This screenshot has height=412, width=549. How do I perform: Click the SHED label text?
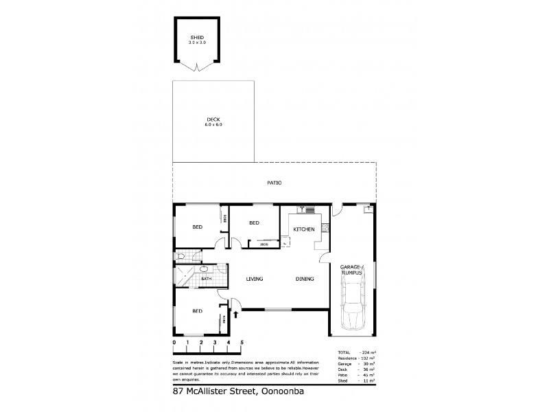pyautogui.click(x=198, y=38)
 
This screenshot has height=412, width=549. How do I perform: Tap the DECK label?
pyautogui.click(x=213, y=120)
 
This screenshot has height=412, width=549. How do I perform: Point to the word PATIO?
pyautogui.click(x=274, y=183)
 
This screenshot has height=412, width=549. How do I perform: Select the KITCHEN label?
pyautogui.click(x=303, y=229)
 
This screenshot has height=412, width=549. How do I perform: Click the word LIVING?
pyautogui.click(x=255, y=279)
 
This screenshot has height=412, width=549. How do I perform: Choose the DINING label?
pyautogui.click(x=305, y=279)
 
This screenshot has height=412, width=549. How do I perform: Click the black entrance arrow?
pyautogui.click(x=237, y=315)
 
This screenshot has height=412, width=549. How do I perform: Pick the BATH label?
pyautogui.click(x=187, y=279)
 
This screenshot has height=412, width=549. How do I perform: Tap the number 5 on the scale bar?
pyautogui.click(x=242, y=342)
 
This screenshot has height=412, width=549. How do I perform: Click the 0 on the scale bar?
pyautogui.click(x=174, y=342)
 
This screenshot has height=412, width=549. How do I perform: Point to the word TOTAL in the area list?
pyautogui.click(x=344, y=352)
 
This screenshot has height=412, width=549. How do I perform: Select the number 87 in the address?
pyautogui.click(x=179, y=392)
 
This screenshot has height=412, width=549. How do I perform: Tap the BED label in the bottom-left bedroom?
pyautogui.click(x=197, y=311)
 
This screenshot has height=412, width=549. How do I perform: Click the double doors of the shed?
pyautogui.click(x=198, y=67)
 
